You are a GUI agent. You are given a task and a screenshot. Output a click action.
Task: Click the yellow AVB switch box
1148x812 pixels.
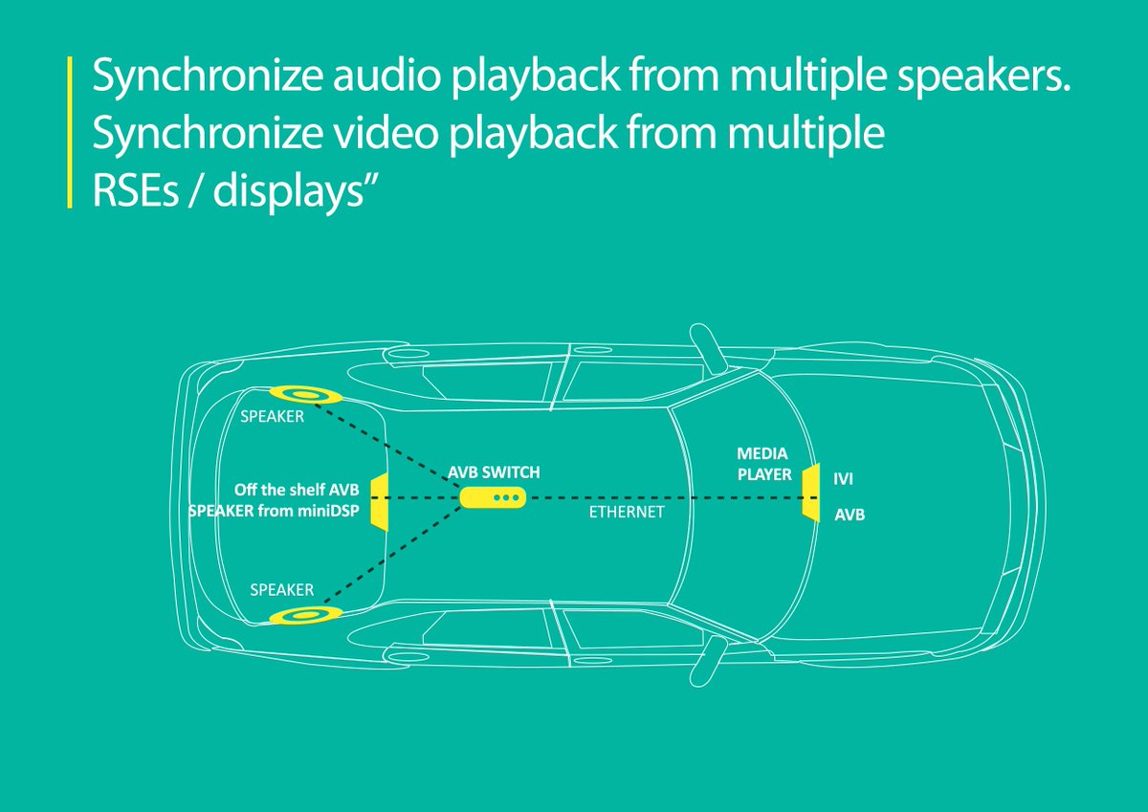pos(493,497)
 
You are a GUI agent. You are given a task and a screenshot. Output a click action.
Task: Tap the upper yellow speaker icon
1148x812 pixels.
pos(306,394)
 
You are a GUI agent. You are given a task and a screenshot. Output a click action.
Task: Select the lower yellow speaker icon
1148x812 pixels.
pos(306,615)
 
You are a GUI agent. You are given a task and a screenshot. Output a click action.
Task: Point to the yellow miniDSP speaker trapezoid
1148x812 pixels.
pos(379,500)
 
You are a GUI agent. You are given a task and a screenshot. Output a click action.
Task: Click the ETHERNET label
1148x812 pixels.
pos(626,514)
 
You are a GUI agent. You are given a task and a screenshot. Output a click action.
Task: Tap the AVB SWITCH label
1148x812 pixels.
pos(495,472)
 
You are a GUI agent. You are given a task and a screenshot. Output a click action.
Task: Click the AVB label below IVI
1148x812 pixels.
pos(850,515)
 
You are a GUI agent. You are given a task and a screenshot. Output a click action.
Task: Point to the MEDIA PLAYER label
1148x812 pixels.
pos(763,463)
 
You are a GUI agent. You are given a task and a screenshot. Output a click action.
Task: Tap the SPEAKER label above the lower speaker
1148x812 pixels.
pos(281,589)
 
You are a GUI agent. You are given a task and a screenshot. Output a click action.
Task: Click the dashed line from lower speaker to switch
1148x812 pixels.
pos(392,557)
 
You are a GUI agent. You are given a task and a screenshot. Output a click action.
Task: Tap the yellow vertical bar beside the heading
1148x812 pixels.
pos(70,133)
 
